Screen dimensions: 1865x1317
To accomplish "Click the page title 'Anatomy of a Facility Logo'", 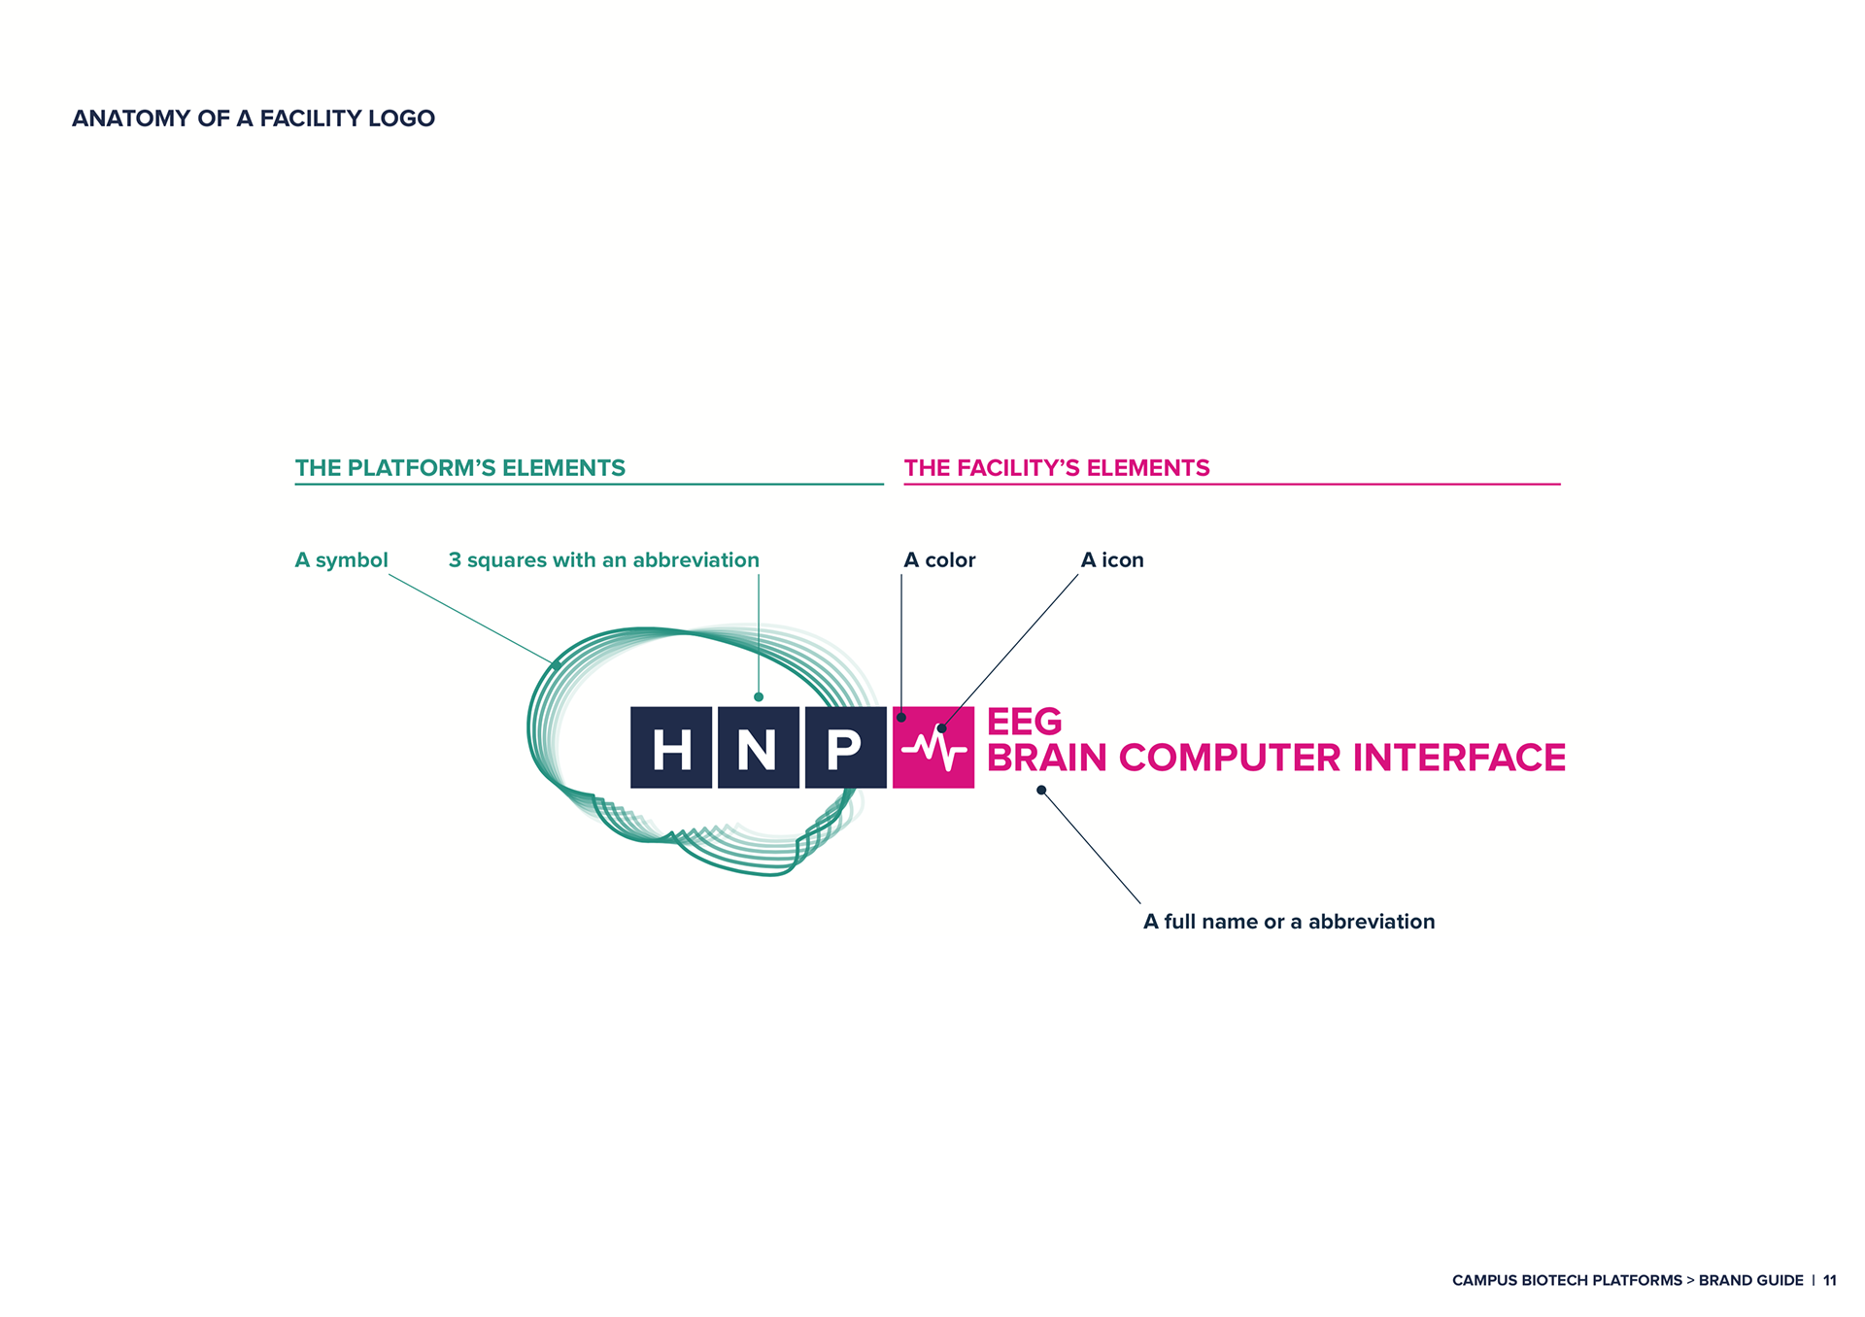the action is (x=254, y=118).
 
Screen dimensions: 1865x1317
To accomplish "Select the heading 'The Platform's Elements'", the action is (x=460, y=468).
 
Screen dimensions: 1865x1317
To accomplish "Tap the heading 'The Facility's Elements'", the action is (x=1057, y=468).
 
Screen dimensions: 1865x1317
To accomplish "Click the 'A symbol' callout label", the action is (x=341, y=560).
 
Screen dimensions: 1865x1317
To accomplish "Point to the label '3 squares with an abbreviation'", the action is (x=604, y=560).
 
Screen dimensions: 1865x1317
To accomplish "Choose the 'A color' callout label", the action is (x=939, y=560).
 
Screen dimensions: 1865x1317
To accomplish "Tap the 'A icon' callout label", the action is (x=1112, y=560).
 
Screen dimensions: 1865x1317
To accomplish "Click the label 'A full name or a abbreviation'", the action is (x=1289, y=922).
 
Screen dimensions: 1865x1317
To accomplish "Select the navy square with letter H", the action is (x=671, y=747).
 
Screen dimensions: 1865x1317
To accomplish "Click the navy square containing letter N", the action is (x=758, y=747).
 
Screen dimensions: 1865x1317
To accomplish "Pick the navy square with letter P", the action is (x=845, y=747).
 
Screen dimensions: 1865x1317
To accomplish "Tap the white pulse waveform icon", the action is (x=934, y=749).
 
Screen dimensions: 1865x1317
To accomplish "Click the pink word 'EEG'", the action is (x=1024, y=722).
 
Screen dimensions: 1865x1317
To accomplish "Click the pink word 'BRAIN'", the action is (x=1047, y=758).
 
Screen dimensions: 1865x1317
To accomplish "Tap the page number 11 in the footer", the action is (x=1829, y=1280).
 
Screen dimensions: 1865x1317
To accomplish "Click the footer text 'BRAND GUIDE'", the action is (x=1750, y=1280).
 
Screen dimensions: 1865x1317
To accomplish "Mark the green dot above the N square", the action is (x=759, y=696).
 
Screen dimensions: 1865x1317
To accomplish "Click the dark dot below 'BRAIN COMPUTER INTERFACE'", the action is (x=1041, y=790).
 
